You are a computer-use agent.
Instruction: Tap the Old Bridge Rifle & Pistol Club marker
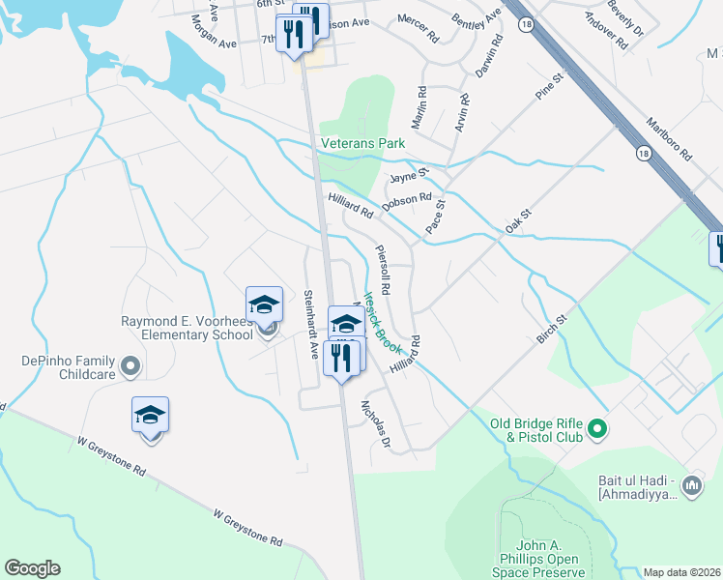(x=597, y=427)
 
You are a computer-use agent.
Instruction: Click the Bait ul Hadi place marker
(x=691, y=485)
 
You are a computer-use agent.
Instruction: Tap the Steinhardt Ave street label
(x=310, y=324)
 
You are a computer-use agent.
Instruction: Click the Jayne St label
(x=409, y=176)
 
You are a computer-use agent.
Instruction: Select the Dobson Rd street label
(x=406, y=200)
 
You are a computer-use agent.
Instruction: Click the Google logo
(x=32, y=568)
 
